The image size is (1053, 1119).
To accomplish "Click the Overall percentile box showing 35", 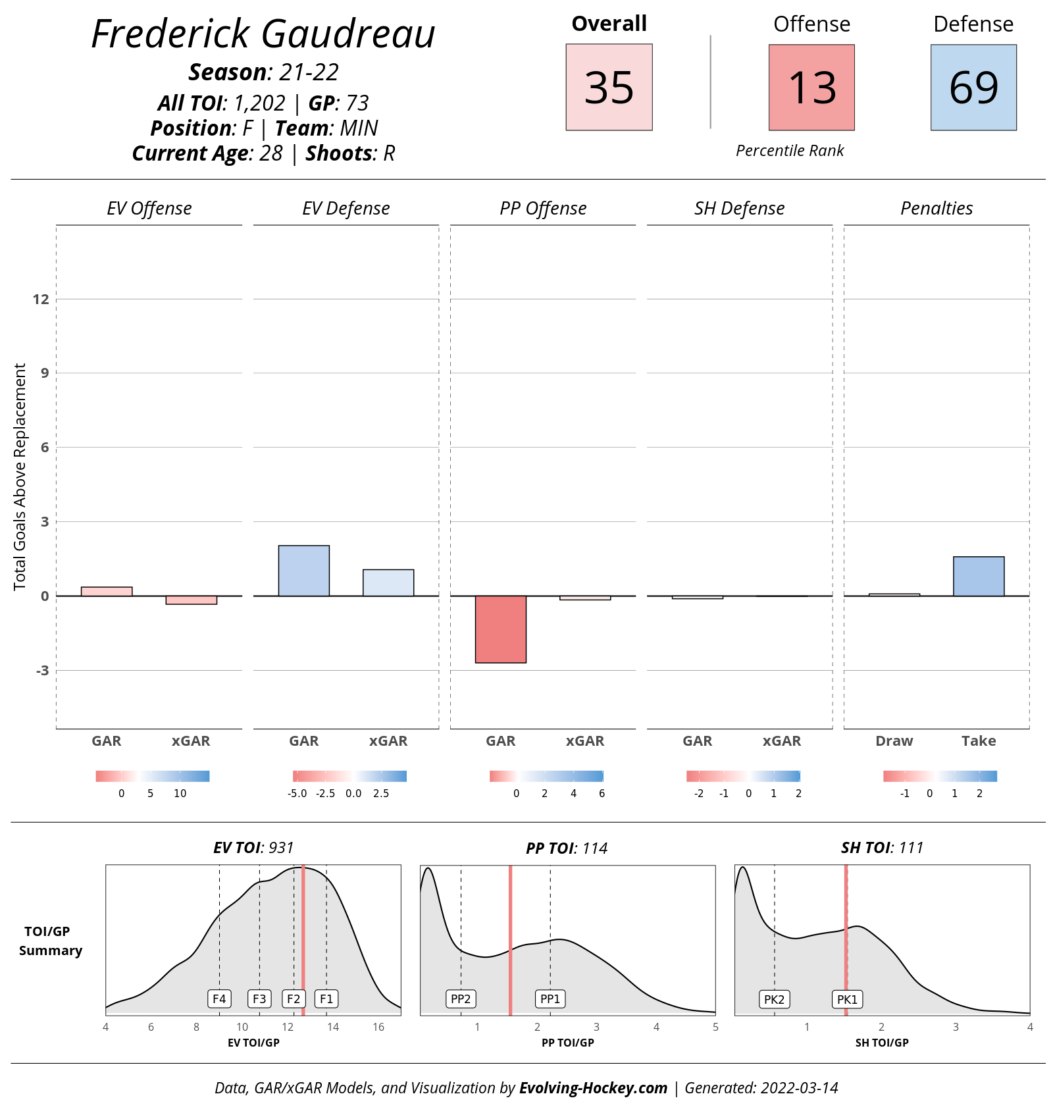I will coord(609,87).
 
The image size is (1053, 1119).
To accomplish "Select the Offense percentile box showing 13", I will coord(811,87).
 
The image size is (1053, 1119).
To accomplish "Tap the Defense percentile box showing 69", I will coord(973,87).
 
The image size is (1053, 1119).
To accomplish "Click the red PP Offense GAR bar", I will coord(501,629).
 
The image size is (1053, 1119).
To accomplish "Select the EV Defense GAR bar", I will coord(304,571).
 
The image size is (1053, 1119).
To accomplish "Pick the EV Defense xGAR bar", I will coord(388,583).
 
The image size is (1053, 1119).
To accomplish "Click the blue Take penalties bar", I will coord(979,577).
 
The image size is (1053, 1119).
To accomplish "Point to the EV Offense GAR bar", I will coord(107,591).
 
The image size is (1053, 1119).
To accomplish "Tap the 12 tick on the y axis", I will coord(41,299).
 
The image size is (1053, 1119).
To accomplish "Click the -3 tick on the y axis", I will coord(41,671).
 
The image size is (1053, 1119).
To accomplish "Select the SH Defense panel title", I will coord(739,209).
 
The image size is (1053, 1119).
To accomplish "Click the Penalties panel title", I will coord(937,209).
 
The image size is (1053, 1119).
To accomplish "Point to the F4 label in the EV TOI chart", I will coord(219,999).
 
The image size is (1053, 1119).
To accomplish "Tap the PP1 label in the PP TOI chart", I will coord(550,999).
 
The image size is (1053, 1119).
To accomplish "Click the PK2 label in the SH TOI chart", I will coord(774,999).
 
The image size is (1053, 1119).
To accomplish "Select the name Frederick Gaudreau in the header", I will coord(263,34).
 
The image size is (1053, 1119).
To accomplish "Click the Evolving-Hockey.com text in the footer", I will coord(593,1088).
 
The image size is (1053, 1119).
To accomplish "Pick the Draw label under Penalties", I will coord(894,741).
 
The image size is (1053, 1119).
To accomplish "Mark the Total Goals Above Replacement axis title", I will coord(20,477).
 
